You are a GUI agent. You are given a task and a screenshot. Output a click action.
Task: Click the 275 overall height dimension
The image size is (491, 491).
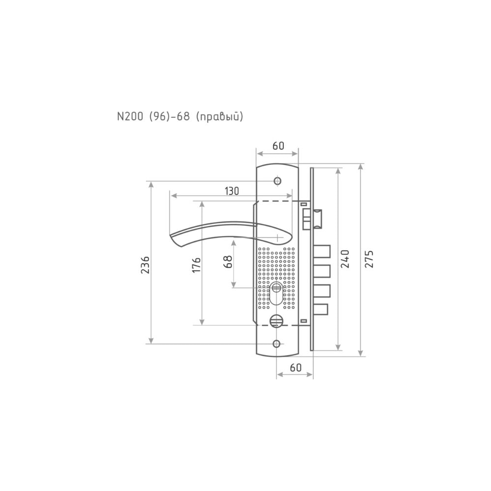[x=370, y=259]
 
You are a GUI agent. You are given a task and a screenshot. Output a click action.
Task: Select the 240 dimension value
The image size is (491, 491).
[x=345, y=259]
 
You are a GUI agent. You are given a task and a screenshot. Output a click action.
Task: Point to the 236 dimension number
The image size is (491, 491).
[x=145, y=265]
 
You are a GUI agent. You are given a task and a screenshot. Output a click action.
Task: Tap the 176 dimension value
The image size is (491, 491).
[x=196, y=265]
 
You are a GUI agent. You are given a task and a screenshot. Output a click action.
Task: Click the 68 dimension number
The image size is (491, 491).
[x=228, y=262]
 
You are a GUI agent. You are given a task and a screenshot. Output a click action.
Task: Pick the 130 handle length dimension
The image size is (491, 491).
[x=232, y=191]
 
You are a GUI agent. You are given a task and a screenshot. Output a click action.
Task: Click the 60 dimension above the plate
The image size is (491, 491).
[x=278, y=146]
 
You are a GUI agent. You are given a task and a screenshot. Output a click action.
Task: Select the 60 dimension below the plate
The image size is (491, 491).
[x=296, y=367]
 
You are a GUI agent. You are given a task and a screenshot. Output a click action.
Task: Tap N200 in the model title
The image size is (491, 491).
[x=130, y=116]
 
